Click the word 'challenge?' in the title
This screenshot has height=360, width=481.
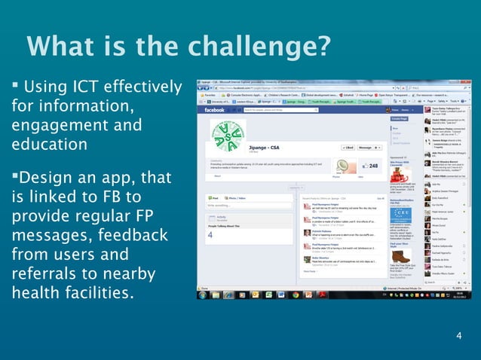coord(260,47)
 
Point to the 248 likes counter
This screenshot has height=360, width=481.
coord(372,166)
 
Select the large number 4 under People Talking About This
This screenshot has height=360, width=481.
coord(210,234)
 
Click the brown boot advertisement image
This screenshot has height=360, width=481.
coord(401,255)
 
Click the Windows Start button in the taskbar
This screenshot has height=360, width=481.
coord(202,294)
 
